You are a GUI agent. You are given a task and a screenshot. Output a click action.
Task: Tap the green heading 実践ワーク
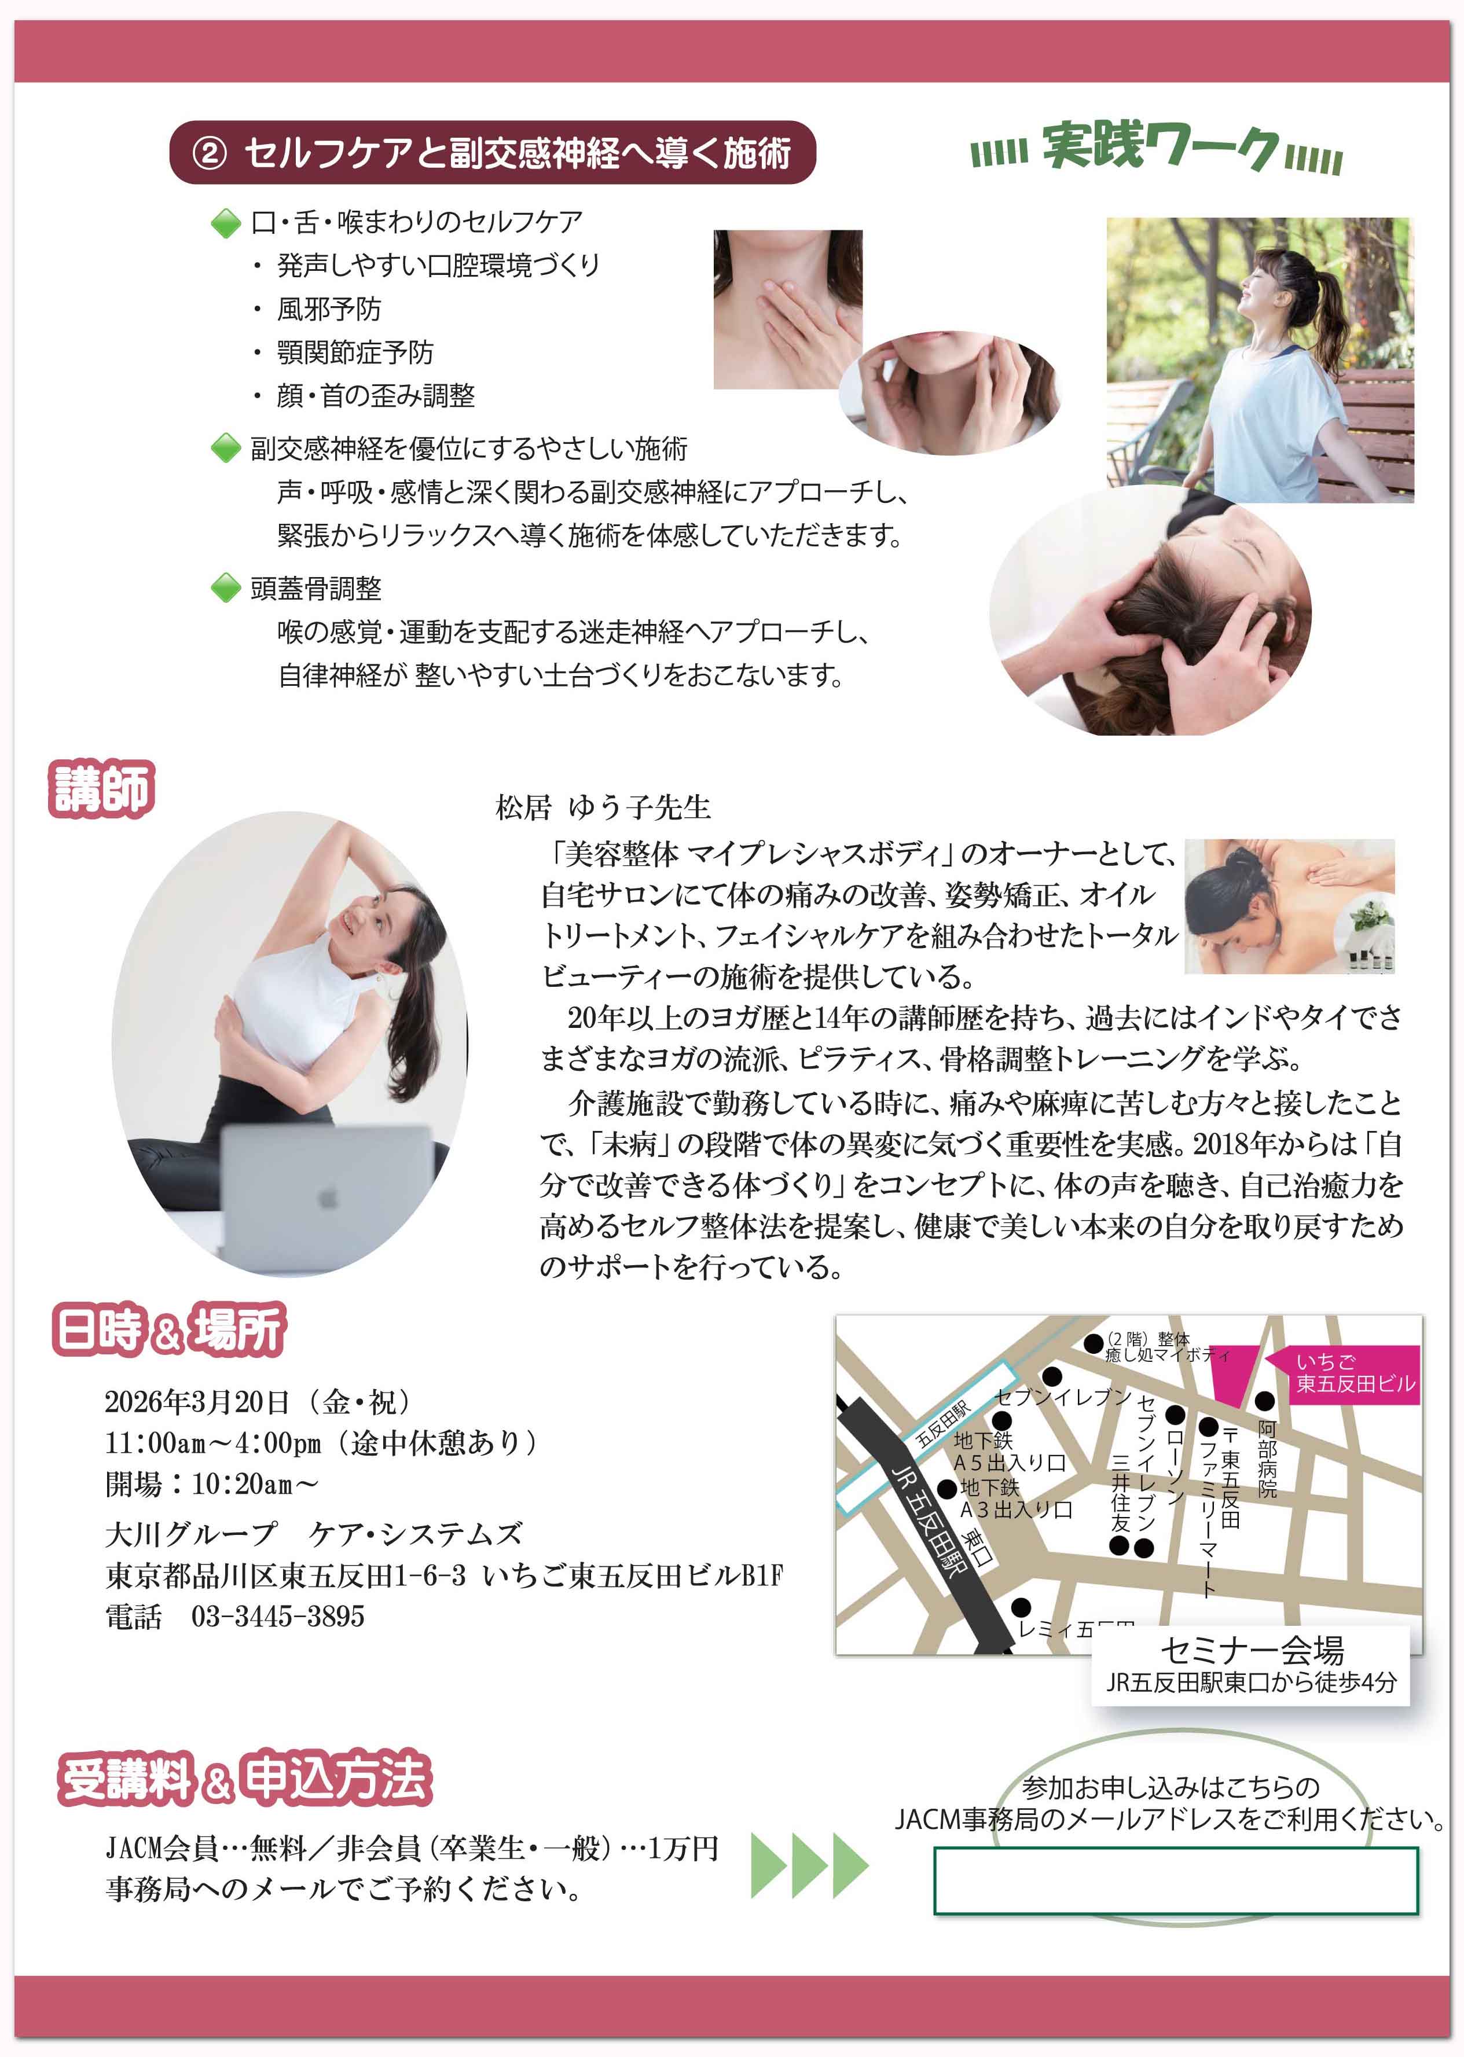pos(1160,147)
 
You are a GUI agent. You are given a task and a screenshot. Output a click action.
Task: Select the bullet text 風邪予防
pos(328,309)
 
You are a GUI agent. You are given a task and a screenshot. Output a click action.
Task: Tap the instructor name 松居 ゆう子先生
pos(603,807)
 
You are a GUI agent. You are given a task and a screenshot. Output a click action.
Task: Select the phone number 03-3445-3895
pos(278,1616)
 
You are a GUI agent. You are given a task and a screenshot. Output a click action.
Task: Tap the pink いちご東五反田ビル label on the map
pos(1355,1373)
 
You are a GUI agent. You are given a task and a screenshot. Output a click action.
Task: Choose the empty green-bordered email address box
pos(1176,1879)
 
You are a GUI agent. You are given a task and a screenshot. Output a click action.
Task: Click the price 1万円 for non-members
pos(683,1849)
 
